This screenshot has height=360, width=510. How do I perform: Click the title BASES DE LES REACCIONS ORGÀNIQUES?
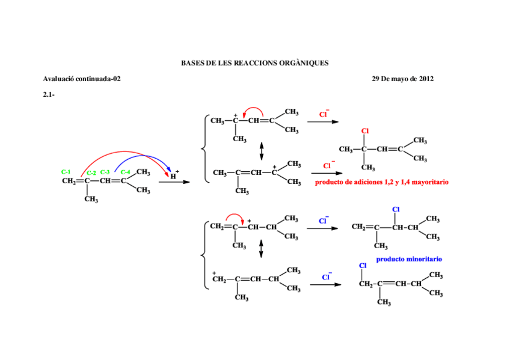(254, 63)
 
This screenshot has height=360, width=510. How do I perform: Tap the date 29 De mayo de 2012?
(402, 78)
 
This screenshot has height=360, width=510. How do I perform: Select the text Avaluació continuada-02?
(82, 78)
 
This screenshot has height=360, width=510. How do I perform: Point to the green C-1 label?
(66, 172)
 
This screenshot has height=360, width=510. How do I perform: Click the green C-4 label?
(125, 172)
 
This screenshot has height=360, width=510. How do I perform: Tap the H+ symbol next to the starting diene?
(174, 175)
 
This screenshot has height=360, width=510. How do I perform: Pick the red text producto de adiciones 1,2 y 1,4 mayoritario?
(381, 182)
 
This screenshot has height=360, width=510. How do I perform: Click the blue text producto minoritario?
(409, 259)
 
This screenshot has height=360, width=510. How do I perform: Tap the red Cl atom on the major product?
(364, 131)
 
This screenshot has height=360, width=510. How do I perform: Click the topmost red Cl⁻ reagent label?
(324, 113)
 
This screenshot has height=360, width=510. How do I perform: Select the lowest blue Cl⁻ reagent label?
(326, 276)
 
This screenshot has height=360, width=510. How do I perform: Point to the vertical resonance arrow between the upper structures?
(261, 148)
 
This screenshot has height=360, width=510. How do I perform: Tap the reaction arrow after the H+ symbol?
(173, 182)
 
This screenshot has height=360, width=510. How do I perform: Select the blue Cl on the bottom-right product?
(363, 266)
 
